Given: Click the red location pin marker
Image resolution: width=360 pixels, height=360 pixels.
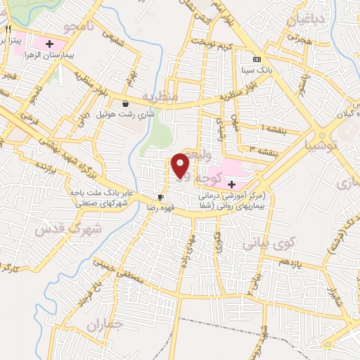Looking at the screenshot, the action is click(x=181, y=166).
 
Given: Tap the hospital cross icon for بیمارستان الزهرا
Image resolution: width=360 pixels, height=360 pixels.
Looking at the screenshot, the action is click(x=49, y=44).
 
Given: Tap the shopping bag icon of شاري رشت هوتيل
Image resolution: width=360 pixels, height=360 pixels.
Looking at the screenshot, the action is click(x=125, y=103).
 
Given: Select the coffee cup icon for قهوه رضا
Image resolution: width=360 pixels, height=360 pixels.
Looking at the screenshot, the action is click(x=160, y=197).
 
